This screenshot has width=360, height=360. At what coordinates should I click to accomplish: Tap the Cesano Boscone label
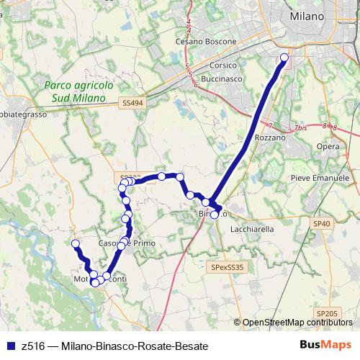pyautogui.click(x=206, y=42)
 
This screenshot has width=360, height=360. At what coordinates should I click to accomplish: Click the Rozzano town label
pyautogui.click(x=270, y=137)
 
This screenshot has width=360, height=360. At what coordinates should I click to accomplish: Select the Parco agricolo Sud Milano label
pyautogui.click(x=78, y=90)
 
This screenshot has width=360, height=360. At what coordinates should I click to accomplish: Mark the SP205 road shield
pyautogui.click(x=328, y=312)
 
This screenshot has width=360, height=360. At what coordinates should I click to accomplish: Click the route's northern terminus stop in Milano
pyautogui.click(x=284, y=58)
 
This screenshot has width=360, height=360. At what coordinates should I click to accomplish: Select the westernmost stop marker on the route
pyautogui.click(x=75, y=243)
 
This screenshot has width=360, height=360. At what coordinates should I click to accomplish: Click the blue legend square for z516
pyautogui.click(x=11, y=346)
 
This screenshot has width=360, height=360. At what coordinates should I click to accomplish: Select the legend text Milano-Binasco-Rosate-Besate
pyautogui.click(x=130, y=346)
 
